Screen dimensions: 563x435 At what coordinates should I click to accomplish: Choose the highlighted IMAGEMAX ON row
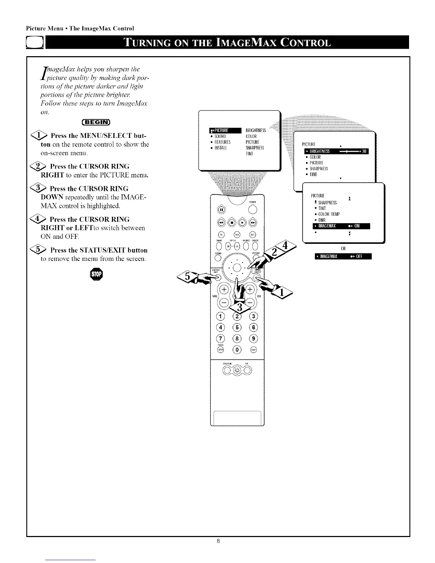point(342,226)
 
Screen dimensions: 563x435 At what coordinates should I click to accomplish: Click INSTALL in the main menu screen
point(224,148)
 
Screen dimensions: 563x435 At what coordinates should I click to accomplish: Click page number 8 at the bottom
point(218,541)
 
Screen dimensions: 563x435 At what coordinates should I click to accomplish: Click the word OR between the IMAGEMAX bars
point(343,248)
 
